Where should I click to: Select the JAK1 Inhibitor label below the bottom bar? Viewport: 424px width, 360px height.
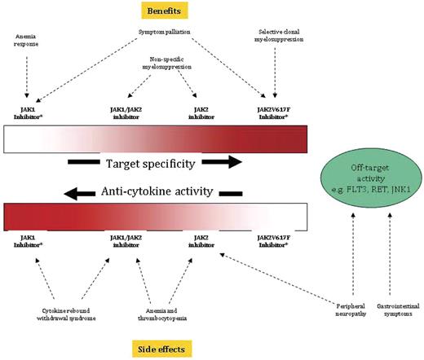(27, 241)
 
